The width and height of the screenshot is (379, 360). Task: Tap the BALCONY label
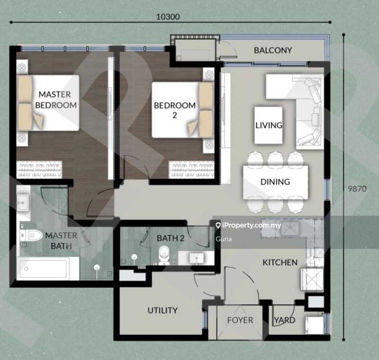(272, 50)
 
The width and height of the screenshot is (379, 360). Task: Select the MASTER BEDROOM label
(57, 100)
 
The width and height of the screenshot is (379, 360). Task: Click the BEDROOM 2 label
(174, 109)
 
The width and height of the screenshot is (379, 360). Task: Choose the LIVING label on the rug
(269, 126)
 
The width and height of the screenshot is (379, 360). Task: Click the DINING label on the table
(275, 181)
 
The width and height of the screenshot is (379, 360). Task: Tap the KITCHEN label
(280, 262)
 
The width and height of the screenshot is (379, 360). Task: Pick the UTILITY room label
(162, 310)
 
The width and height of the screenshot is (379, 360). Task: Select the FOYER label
(240, 320)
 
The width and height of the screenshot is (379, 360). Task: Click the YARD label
(284, 320)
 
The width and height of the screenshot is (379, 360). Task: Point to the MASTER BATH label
(61, 241)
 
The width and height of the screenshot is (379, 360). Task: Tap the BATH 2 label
(170, 238)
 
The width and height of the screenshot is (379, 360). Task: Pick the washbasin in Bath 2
(196, 258)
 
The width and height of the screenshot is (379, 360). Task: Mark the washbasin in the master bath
(22, 203)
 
